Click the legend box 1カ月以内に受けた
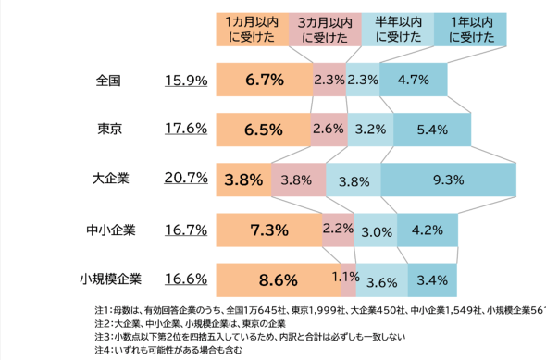point(253,30)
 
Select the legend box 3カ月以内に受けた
point(325,30)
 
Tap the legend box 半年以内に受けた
point(398,30)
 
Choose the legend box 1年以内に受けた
point(470,30)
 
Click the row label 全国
point(108,81)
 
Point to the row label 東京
point(110,129)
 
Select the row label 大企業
point(111,179)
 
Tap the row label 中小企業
point(111,230)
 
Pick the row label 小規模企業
point(111,279)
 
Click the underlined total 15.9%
point(186,81)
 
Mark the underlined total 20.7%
point(186,178)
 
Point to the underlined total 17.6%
point(186,129)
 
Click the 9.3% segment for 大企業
point(449,180)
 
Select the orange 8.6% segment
point(279,280)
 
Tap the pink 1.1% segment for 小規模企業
point(348,280)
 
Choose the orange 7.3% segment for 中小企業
point(269,230)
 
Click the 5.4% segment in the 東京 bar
point(432,130)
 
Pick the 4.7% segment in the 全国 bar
point(414,80)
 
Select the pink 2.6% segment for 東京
point(329,130)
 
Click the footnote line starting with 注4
point(168,350)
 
